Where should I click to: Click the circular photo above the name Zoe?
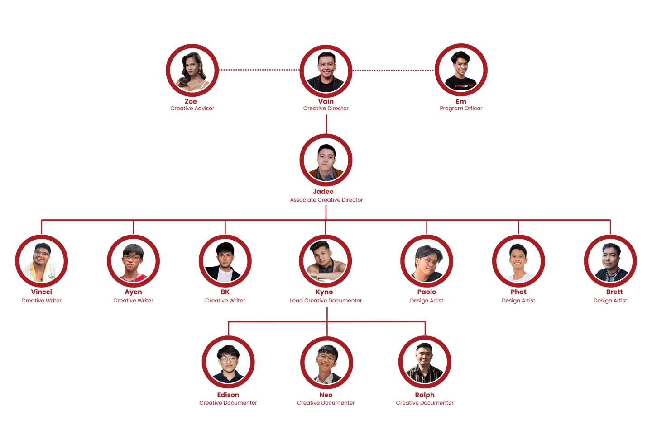192,70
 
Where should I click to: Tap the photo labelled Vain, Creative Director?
326,71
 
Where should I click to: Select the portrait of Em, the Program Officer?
461,70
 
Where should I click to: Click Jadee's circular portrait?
326,160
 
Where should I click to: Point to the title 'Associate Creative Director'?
326,200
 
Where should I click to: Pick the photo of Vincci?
42,261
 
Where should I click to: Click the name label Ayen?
133,292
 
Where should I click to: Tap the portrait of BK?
225,261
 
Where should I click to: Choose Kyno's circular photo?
326,261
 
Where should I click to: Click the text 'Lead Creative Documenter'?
326,301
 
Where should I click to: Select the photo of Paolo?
427,261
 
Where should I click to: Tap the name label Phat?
518,292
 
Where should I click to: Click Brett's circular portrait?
610,261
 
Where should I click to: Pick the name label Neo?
326,395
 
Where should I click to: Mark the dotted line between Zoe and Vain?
259,70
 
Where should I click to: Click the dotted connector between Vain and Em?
393,71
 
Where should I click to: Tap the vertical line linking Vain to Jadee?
326,124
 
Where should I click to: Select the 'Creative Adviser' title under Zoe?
192,108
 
